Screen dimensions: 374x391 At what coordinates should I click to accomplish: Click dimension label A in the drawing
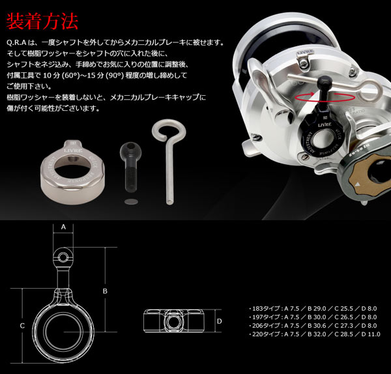(64, 227)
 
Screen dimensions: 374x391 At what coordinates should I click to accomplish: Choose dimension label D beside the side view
(220, 321)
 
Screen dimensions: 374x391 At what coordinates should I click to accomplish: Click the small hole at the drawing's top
(63, 255)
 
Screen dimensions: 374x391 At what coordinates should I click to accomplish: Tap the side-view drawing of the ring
(174, 322)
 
